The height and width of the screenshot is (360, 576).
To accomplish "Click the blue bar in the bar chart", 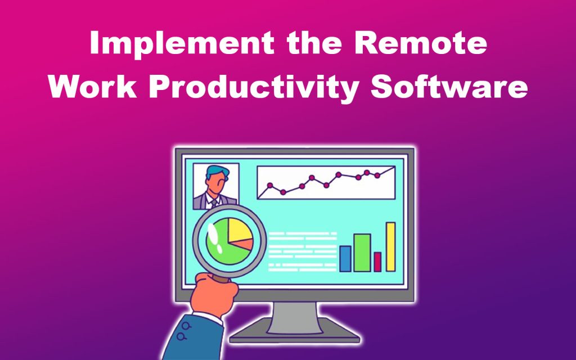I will tap(345, 258).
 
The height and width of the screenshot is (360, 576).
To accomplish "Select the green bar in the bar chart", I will tap(362, 253).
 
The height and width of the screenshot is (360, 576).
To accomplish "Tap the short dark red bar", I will tap(377, 262).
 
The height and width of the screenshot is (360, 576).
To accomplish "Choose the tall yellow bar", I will tap(390, 246).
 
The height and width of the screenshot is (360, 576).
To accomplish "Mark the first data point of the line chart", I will tap(269, 185).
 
